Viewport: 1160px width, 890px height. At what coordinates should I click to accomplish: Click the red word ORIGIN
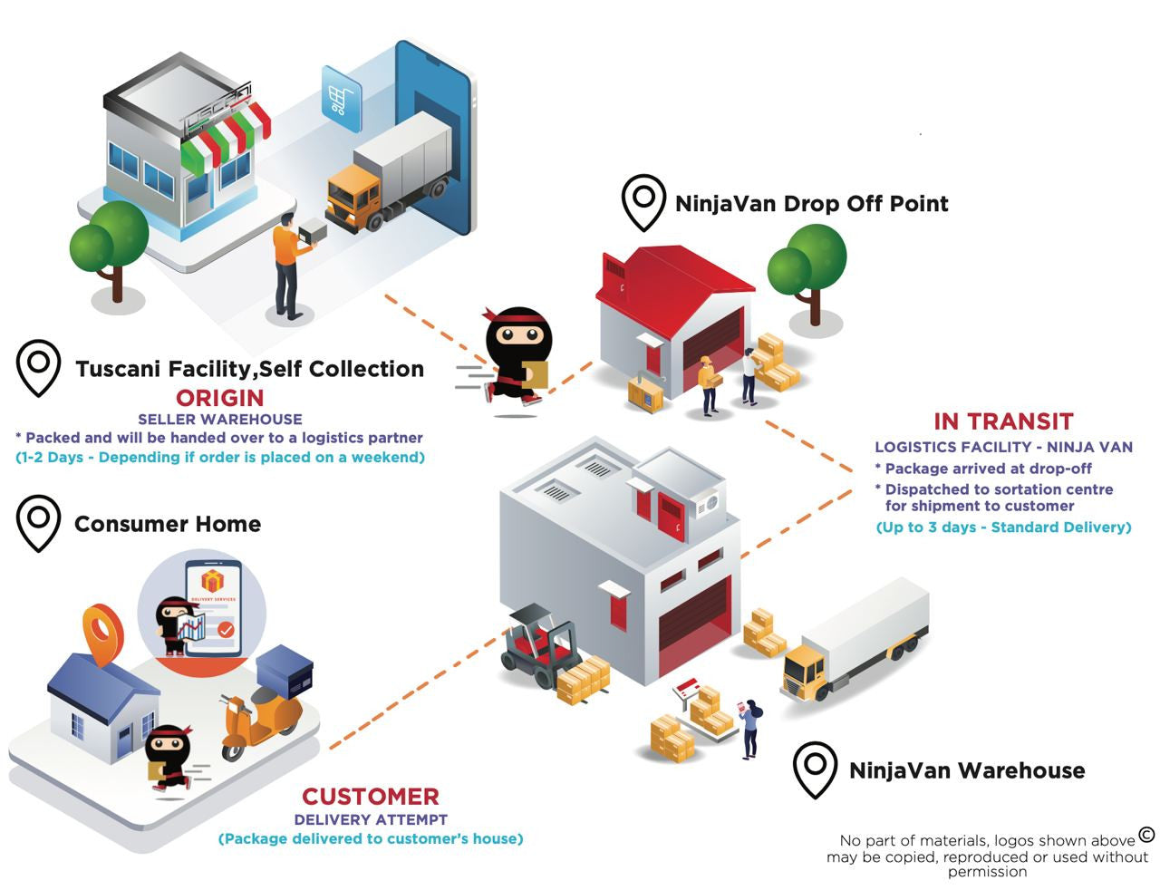(220, 398)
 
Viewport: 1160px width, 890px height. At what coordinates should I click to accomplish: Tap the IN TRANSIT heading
(1003, 421)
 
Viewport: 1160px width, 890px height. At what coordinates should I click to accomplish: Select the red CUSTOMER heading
(371, 797)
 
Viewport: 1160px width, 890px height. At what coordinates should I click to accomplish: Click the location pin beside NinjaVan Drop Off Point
(643, 203)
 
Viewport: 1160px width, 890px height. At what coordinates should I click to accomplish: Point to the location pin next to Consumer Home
(38, 523)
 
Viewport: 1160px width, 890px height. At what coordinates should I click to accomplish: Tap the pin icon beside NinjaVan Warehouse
(815, 769)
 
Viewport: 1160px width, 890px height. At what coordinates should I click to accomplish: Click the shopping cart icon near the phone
(340, 100)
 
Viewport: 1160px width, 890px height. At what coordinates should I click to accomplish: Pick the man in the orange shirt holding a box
(290, 266)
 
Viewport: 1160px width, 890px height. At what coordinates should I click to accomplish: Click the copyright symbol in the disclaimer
(1146, 834)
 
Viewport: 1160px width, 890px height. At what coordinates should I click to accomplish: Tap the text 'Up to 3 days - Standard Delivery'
(1003, 527)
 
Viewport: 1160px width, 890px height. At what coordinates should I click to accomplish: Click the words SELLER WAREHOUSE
(220, 419)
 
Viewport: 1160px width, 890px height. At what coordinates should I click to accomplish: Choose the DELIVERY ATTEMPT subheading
(371, 819)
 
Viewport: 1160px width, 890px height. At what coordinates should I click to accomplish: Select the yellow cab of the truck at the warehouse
(805, 672)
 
